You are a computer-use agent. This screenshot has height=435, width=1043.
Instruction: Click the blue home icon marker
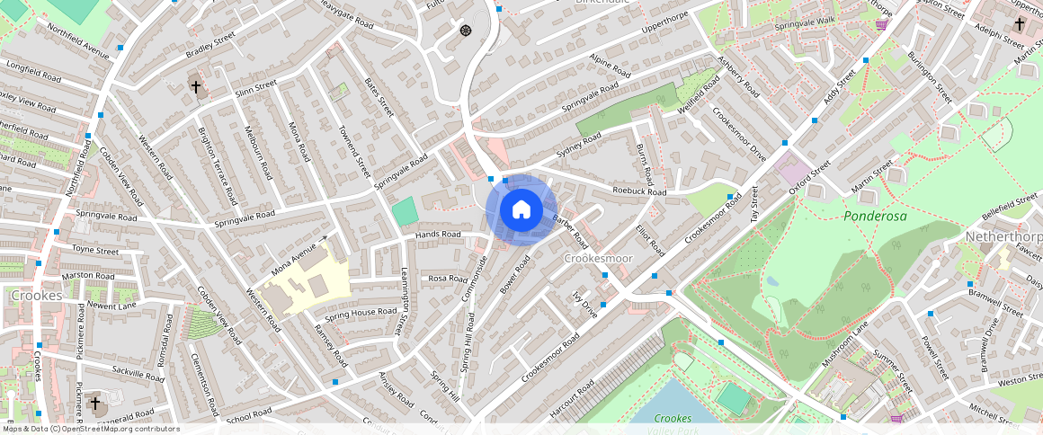click(x=521, y=210)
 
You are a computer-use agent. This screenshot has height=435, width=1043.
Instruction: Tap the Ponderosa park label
click(x=875, y=217)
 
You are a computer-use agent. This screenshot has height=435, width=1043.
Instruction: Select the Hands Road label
click(x=438, y=235)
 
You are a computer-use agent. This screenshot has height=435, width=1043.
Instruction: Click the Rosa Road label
click(x=448, y=279)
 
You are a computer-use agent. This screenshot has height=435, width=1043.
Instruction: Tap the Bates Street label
click(x=379, y=96)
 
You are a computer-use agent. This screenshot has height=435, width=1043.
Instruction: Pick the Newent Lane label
click(x=111, y=306)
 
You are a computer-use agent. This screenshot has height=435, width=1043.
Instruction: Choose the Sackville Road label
click(x=138, y=373)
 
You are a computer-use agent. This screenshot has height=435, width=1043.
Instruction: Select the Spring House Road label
click(x=361, y=313)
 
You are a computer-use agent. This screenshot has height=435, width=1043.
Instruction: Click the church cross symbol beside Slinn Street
click(x=196, y=87)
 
